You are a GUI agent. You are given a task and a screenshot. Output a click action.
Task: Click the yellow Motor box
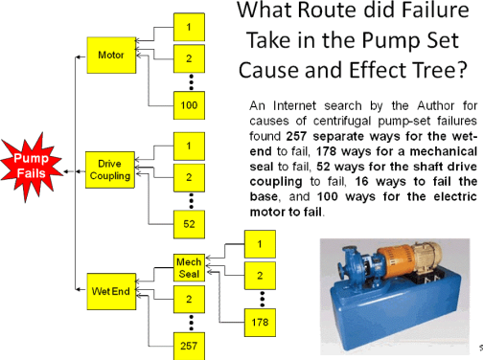(x=110, y=56)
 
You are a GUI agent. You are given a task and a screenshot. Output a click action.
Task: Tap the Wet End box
(x=110, y=287)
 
